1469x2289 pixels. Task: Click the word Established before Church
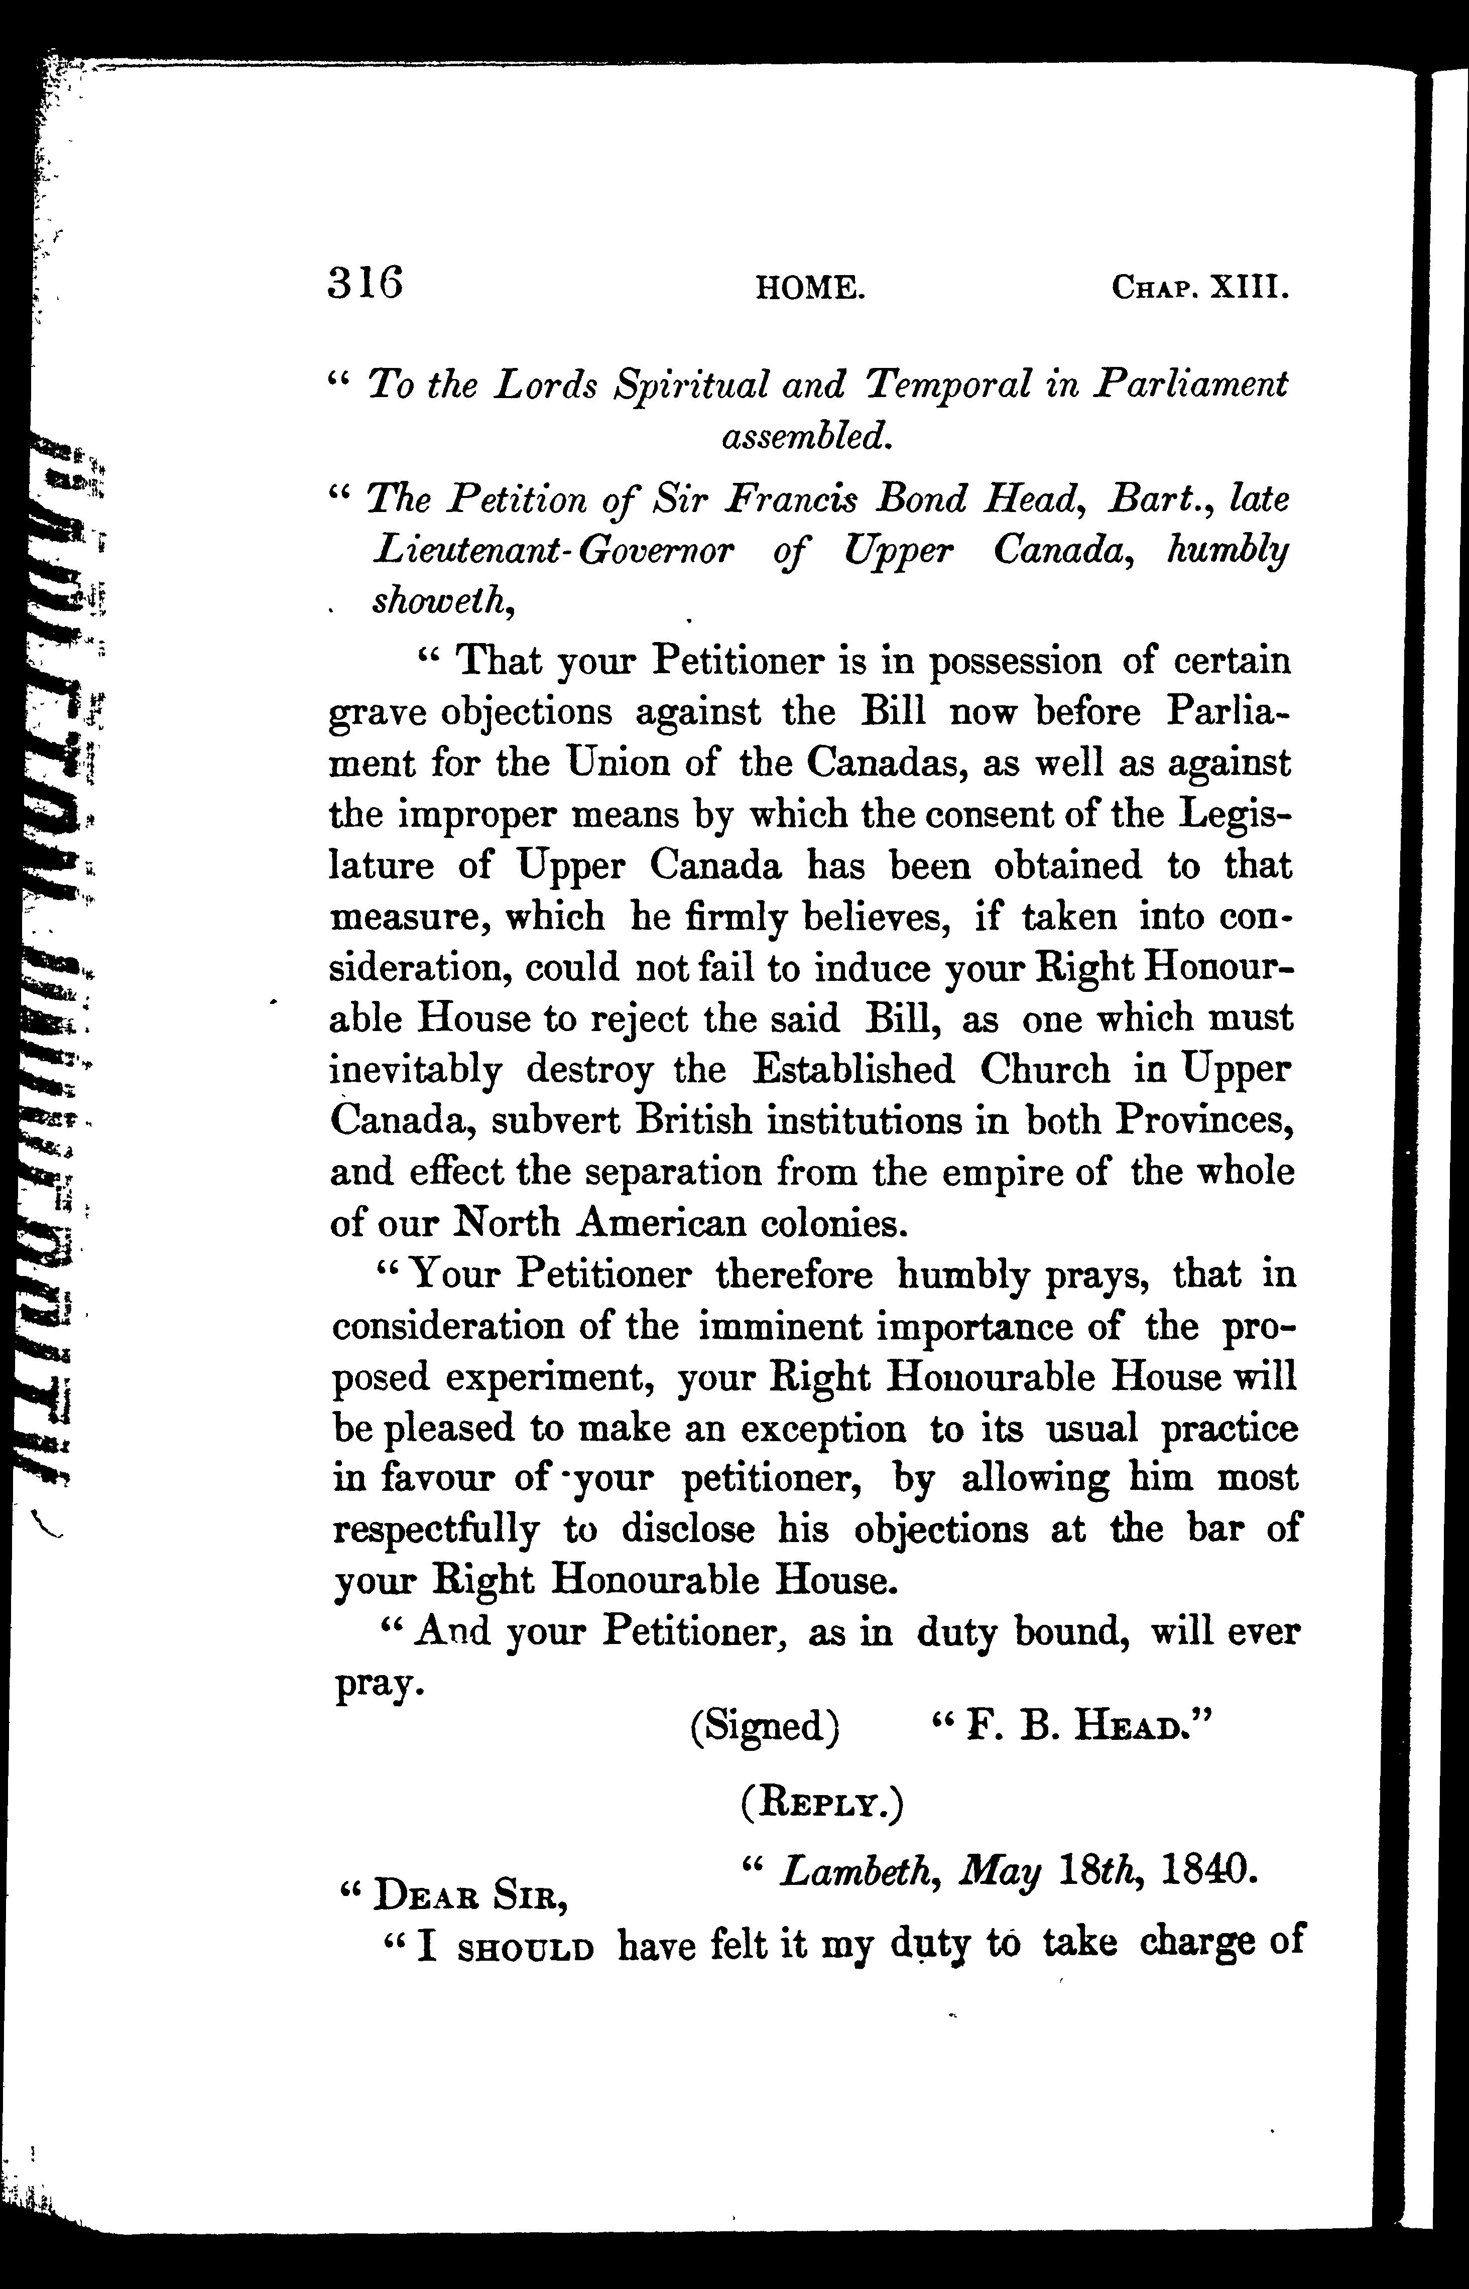852,1070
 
